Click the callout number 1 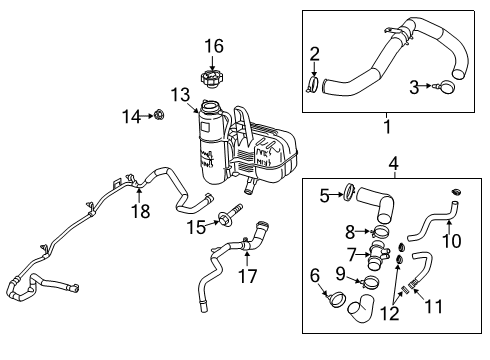(x=383, y=154)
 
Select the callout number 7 (x=351, y=252)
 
